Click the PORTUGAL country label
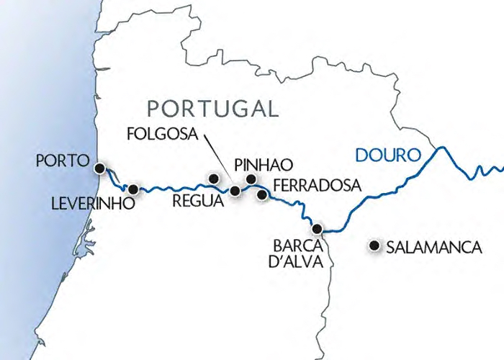[x=212, y=109]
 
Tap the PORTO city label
[x=63, y=161]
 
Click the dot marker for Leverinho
[x=132, y=189]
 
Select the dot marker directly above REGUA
[x=212, y=177]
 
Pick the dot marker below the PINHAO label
[x=251, y=179]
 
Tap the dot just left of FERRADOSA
[x=263, y=194]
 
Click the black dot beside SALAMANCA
[x=374, y=246]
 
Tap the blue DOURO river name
[x=386, y=155]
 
